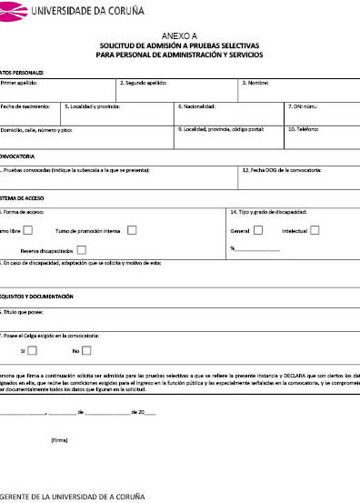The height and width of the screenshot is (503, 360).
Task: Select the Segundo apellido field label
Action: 145,83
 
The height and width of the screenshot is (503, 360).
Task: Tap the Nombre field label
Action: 255,83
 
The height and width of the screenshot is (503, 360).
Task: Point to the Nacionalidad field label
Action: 196,106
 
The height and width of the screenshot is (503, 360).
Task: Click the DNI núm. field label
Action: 303,106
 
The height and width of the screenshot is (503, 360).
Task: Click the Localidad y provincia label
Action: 93,106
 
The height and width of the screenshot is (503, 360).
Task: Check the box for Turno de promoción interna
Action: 132,230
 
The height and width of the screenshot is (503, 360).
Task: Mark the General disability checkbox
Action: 258,230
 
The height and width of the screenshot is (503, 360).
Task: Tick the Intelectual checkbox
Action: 315,230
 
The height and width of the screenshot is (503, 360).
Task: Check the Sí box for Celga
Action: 33,350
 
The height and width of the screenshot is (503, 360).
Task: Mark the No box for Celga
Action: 86,350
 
